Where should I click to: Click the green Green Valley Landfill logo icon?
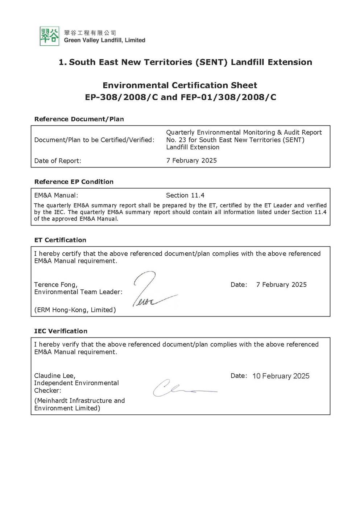point(49,36)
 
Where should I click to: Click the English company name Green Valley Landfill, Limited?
point(104,40)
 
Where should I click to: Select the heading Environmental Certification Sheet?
point(180,85)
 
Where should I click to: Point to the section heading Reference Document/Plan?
point(79,119)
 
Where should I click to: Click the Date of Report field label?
point(58,161)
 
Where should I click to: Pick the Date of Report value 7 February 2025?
point(191,160)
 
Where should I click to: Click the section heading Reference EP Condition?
point(74,182)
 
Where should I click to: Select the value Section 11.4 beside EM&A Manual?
point(185,195)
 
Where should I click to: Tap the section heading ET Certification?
point(60,240)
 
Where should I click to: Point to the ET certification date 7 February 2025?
point(281,285)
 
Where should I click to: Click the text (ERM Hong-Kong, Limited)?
point(75,310)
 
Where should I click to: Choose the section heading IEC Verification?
point(61,331)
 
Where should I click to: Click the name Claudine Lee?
point(54,376)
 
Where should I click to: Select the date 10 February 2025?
point(281,376)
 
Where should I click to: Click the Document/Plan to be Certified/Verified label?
point(94,140)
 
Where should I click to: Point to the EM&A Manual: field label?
point(56,195)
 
